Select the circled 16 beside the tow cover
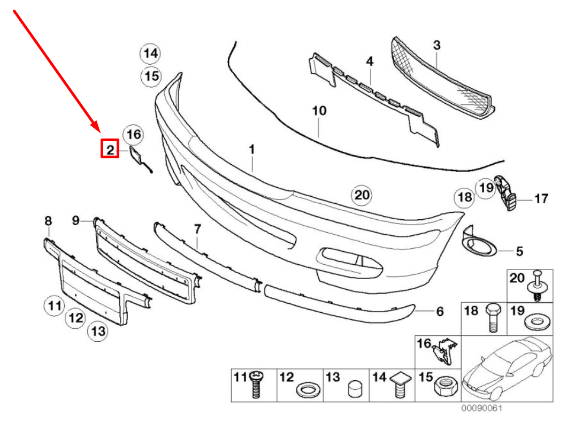click(x=133, y=135)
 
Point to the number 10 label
click(x=319, y=111)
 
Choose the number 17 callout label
click(x=541, y=199)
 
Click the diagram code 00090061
click(x=483, y=408)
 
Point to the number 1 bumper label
click(x=251, y=150)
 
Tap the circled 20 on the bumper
click(x=362, y=196)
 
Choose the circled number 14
click(x=151, y=53)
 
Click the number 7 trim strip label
click(x=197, y=229)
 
